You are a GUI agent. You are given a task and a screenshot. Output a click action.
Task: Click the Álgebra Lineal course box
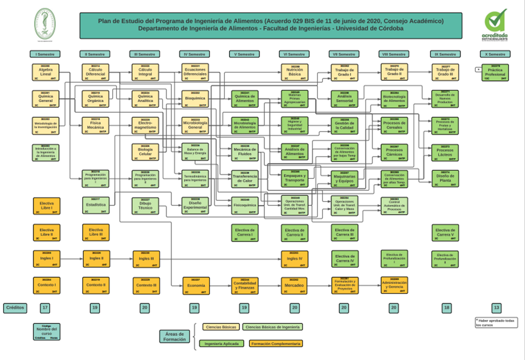46,72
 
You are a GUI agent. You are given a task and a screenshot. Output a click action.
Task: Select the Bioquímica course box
195,97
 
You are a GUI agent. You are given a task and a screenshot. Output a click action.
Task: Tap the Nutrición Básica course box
295,72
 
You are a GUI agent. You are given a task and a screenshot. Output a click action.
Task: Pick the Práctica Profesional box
496,72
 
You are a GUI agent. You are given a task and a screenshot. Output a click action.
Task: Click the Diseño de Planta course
445,178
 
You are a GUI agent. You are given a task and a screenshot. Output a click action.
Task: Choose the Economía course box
195,284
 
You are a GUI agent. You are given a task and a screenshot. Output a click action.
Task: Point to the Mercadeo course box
295,284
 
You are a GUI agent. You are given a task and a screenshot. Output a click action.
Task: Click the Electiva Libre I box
46,206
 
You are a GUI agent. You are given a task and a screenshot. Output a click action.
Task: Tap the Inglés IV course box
295,258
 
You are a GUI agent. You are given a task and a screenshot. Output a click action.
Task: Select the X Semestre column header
496,54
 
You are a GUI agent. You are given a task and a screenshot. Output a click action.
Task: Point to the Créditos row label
15,308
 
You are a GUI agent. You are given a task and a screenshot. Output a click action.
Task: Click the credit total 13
496,308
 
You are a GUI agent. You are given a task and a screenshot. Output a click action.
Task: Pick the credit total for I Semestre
45,308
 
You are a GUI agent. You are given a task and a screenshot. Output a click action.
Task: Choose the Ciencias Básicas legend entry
221,327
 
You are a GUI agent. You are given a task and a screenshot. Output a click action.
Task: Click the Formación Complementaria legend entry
275,344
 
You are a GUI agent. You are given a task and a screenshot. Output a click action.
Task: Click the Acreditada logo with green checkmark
495,24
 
